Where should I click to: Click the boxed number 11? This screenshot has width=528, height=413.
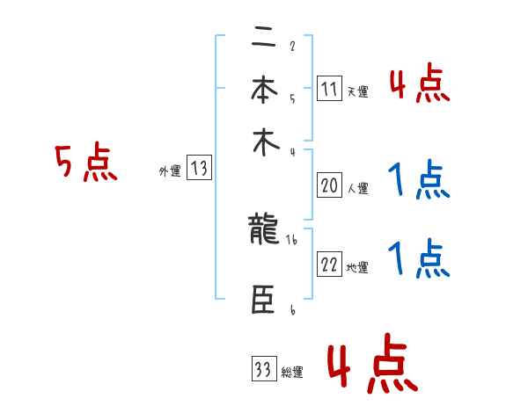[329, 88]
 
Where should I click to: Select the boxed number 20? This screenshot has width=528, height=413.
[329, 185]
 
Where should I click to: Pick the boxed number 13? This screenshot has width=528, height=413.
[199, 169]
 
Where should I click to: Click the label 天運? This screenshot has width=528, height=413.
[357, 91]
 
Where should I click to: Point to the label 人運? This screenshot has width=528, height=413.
[357, 188]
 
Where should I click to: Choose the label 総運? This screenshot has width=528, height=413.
[292, 373]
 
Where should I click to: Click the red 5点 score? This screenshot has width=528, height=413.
[86, 163]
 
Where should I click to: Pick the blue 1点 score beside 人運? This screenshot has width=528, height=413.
[419, 181]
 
